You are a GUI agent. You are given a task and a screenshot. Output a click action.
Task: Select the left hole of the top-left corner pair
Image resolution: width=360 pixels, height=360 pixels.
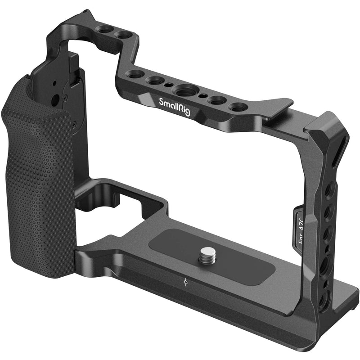click(x=105, y=29)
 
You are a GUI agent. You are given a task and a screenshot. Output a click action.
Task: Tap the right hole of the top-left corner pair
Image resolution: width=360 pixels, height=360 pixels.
click(x=121, y=34)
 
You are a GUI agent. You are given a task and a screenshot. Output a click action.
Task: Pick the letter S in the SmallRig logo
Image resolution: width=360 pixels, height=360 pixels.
click(x=162, y=100)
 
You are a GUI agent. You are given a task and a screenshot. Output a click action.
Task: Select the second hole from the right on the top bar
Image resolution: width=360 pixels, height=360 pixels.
click(x=217, y=101)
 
